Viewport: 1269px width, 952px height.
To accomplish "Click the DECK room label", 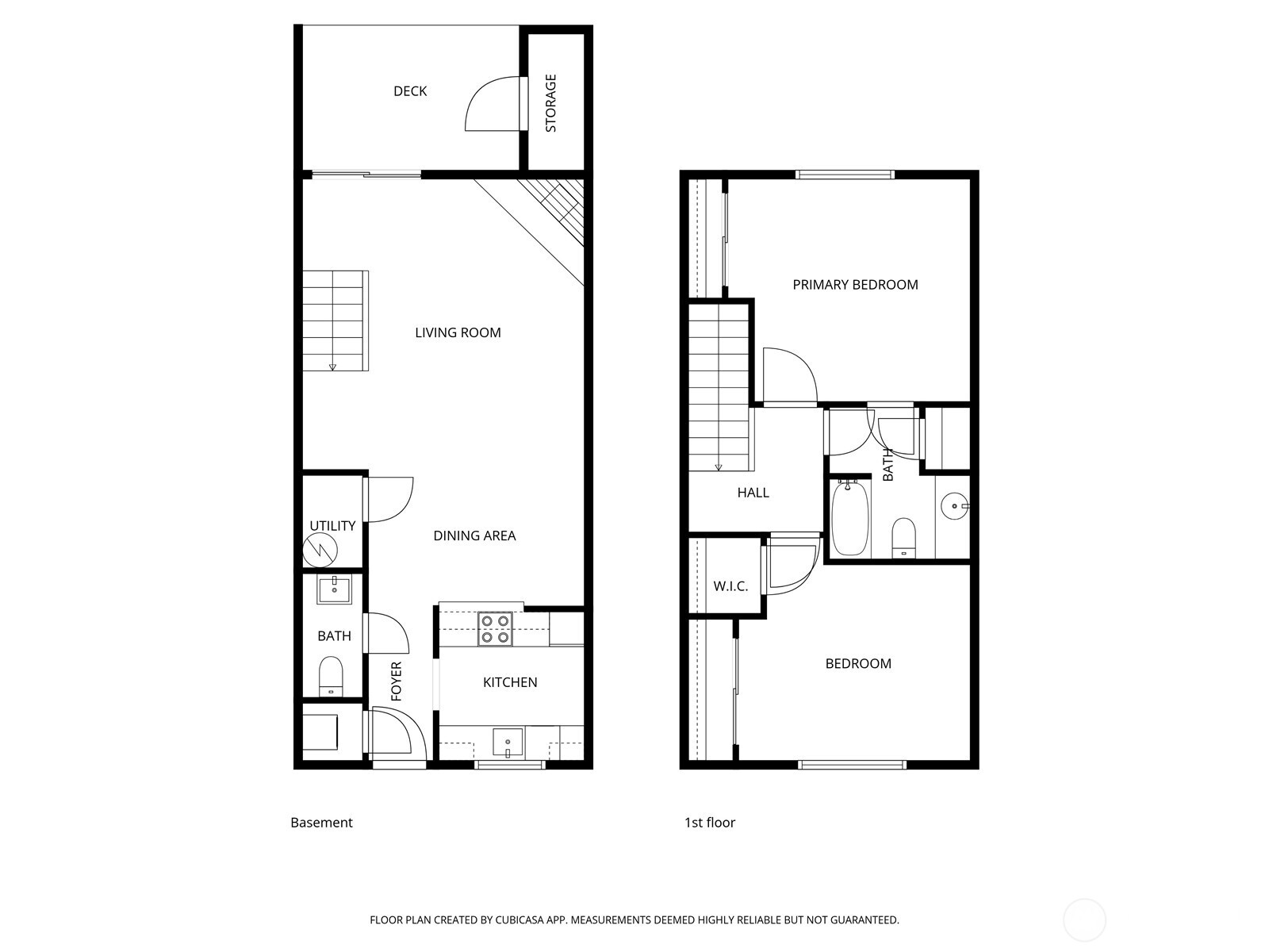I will pos(410,91).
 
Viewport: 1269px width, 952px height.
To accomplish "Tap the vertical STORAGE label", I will pos(550,103).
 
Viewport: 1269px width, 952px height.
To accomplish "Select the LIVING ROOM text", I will pos(458,332).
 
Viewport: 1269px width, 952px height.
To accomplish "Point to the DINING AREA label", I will pos(474,535).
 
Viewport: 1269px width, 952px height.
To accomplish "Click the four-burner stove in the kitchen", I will pos(496,628).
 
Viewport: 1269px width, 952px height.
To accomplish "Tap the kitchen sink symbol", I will pos(507,743).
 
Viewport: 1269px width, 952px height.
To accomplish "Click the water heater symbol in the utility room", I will pos(320,548).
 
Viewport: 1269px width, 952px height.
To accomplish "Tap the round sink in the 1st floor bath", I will pos(954,505).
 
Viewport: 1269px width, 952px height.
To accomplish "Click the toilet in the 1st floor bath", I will pos(903,537).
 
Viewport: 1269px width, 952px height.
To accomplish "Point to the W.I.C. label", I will pos(730,586).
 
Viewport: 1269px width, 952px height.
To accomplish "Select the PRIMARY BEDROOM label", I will pos(855,285).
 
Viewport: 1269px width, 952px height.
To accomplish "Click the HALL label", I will pos(753,493).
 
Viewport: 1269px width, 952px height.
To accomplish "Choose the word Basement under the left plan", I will pos(321,823).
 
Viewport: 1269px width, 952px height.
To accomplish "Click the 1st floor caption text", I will pos(709,823).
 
